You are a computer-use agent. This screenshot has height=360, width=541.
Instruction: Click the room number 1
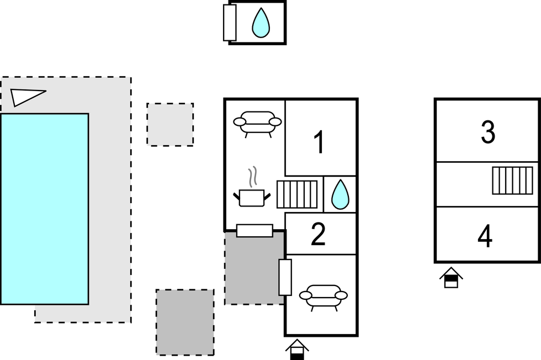coord(319,142)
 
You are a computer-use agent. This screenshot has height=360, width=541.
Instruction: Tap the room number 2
coord(318,235)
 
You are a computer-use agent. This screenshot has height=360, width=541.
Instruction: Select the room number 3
coord(487,132)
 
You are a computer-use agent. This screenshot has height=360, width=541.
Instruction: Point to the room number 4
coord(485,236)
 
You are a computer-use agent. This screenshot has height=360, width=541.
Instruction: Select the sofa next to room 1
coord(257,123)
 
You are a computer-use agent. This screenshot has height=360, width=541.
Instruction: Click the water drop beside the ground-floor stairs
coord(340,194)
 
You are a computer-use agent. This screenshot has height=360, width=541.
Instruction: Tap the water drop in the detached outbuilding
coord(261,23)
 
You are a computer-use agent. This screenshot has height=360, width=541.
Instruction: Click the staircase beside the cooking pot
coord(298,194)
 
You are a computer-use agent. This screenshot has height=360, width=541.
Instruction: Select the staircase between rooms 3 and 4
coord(512,181)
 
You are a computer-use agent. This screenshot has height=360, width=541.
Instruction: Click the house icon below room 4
coord(451,278)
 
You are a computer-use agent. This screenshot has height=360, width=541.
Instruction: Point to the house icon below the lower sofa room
coord(297,350)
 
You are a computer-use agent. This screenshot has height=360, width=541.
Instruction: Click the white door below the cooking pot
coord(254,230)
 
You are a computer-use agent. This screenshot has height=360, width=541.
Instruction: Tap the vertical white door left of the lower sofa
coord(285,277)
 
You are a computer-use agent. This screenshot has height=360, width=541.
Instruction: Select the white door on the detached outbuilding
coord(230,23)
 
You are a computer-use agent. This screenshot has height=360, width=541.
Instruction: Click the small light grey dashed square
coord(170,124)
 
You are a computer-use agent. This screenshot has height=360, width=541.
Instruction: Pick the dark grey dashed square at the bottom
coord(185,322)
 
